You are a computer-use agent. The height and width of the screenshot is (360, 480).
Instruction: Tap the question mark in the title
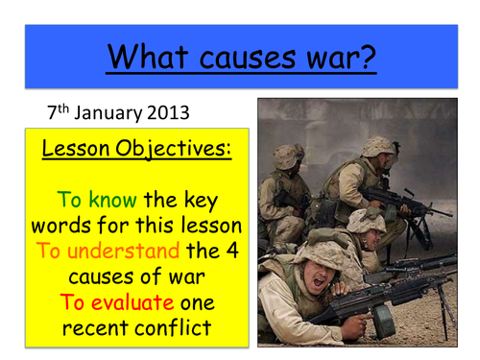(x=370, y=55)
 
